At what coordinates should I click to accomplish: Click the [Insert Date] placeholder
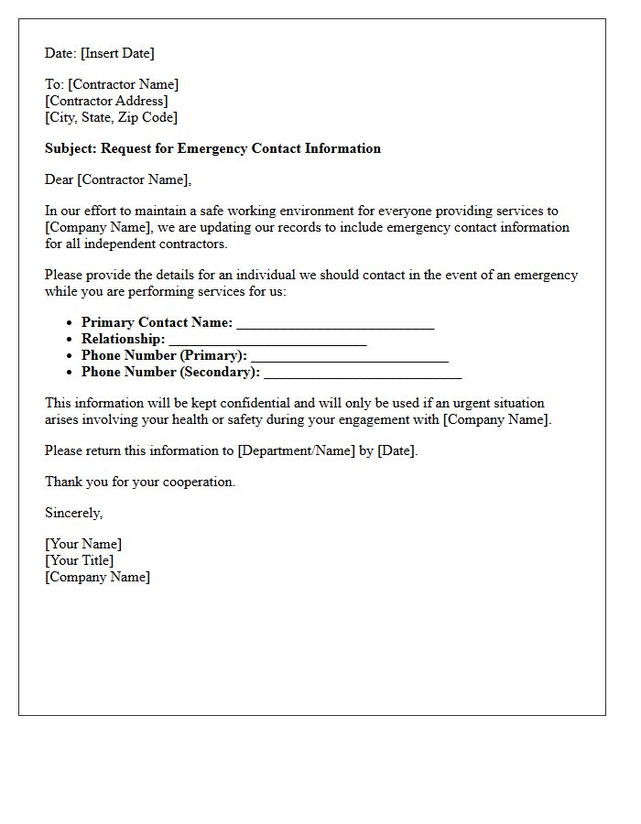point(117,53)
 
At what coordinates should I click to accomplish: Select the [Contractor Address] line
point(106,101)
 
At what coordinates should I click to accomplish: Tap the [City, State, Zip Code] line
point(111,117)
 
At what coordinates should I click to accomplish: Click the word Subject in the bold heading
point(70,148)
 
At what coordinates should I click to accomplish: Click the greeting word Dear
point(59,179)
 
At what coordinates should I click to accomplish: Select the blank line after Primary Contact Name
point(335,323)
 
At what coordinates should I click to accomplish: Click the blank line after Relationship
point(267,340)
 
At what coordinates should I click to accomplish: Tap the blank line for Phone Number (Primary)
point(349,356)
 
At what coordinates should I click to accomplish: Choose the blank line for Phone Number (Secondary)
point(363,373)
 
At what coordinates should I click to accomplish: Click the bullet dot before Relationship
point(70,340)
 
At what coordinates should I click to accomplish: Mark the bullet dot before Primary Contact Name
point(70,323)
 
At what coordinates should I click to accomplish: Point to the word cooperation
point(199,482)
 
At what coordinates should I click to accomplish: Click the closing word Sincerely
point(73,513)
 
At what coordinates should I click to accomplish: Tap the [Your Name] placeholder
point(83,544)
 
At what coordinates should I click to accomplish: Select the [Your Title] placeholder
point(80,560)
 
